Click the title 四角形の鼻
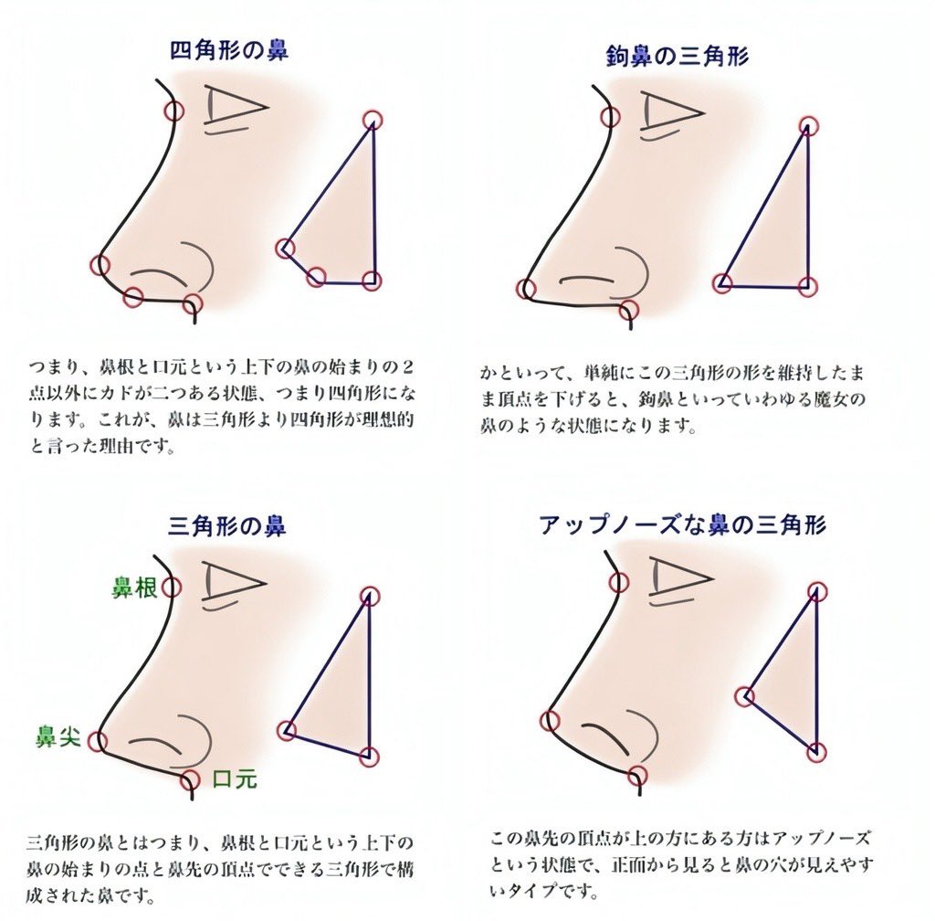point(229,50)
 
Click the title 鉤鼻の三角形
point(677,57)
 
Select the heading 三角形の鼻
point(226,526)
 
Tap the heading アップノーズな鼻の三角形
point(683,525)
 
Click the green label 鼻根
point(135,588)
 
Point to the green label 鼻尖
point(58,736)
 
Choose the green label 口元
point(235,778)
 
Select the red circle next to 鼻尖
point(97,742)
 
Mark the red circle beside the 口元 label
point(190,779)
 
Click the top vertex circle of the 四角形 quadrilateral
point(373,120)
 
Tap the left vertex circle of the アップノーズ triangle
point(745,696)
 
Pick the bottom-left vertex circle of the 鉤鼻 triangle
point(723,282)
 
